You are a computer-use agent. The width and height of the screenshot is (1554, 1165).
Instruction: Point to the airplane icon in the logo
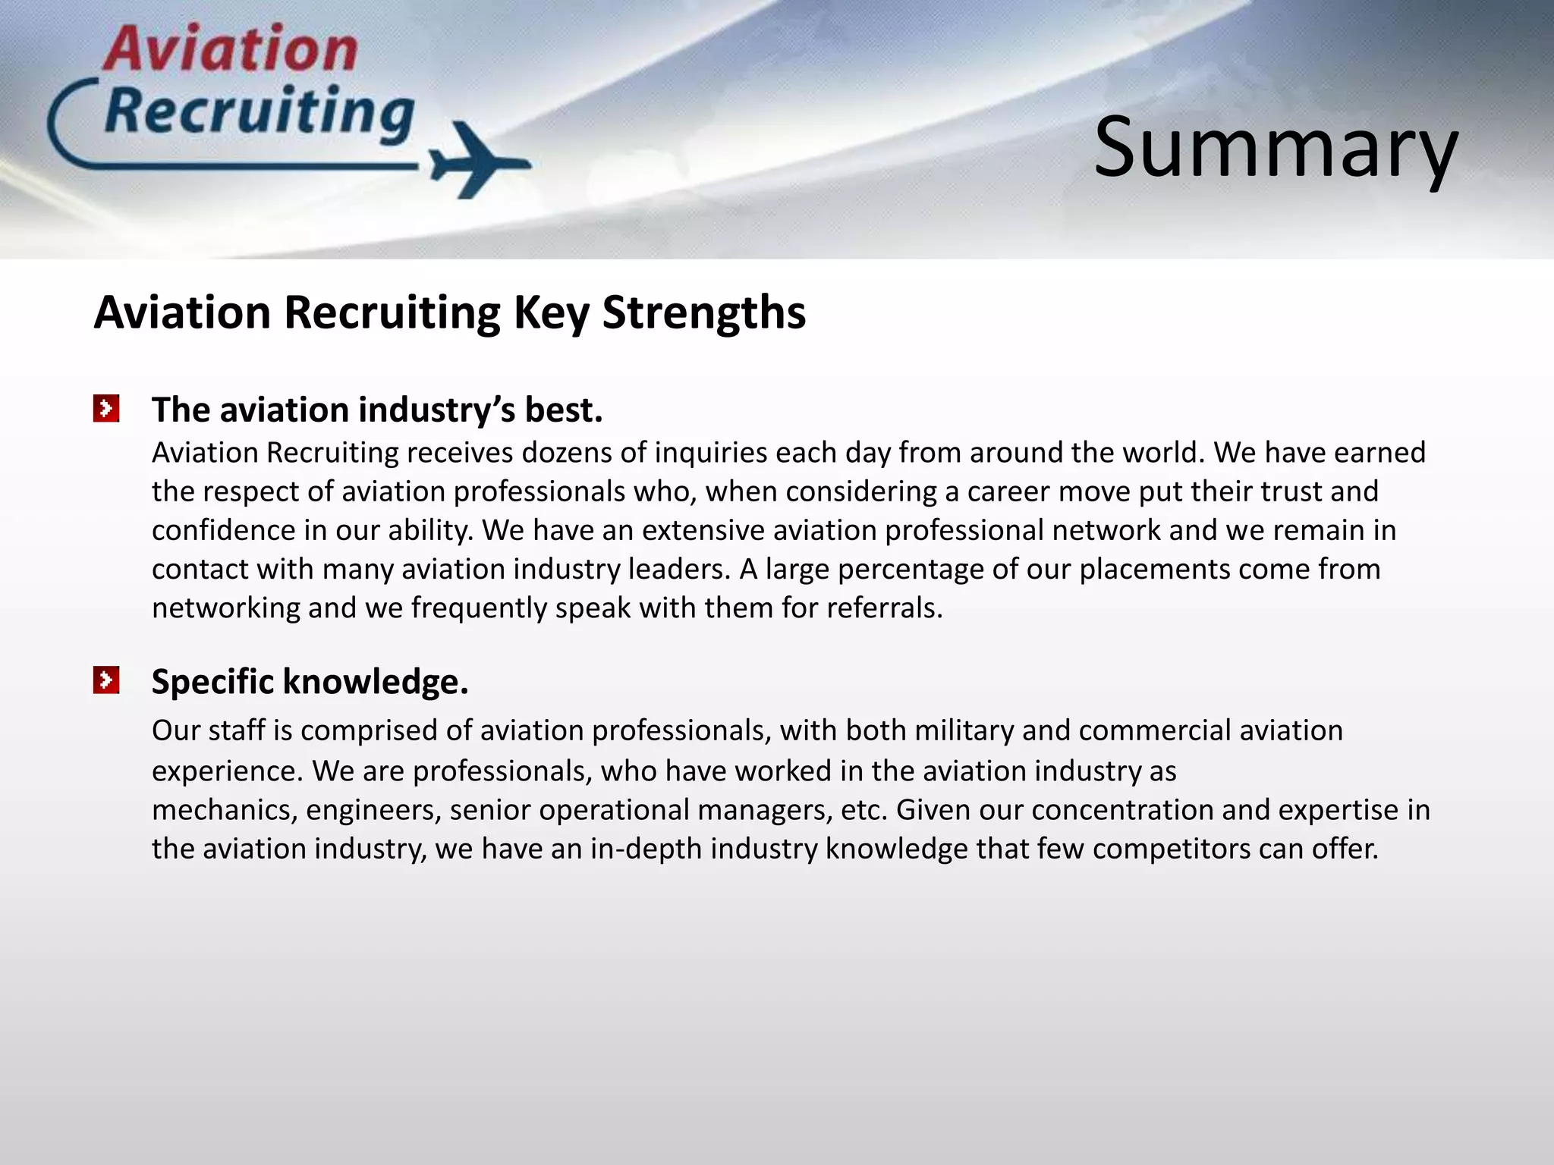click(478, 161)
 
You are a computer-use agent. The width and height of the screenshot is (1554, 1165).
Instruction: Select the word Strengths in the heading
click(703, 312)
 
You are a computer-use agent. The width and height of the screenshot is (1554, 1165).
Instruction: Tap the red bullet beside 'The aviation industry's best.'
click(106, 408)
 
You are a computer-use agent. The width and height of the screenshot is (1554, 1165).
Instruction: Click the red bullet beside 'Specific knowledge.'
click(106, 680)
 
